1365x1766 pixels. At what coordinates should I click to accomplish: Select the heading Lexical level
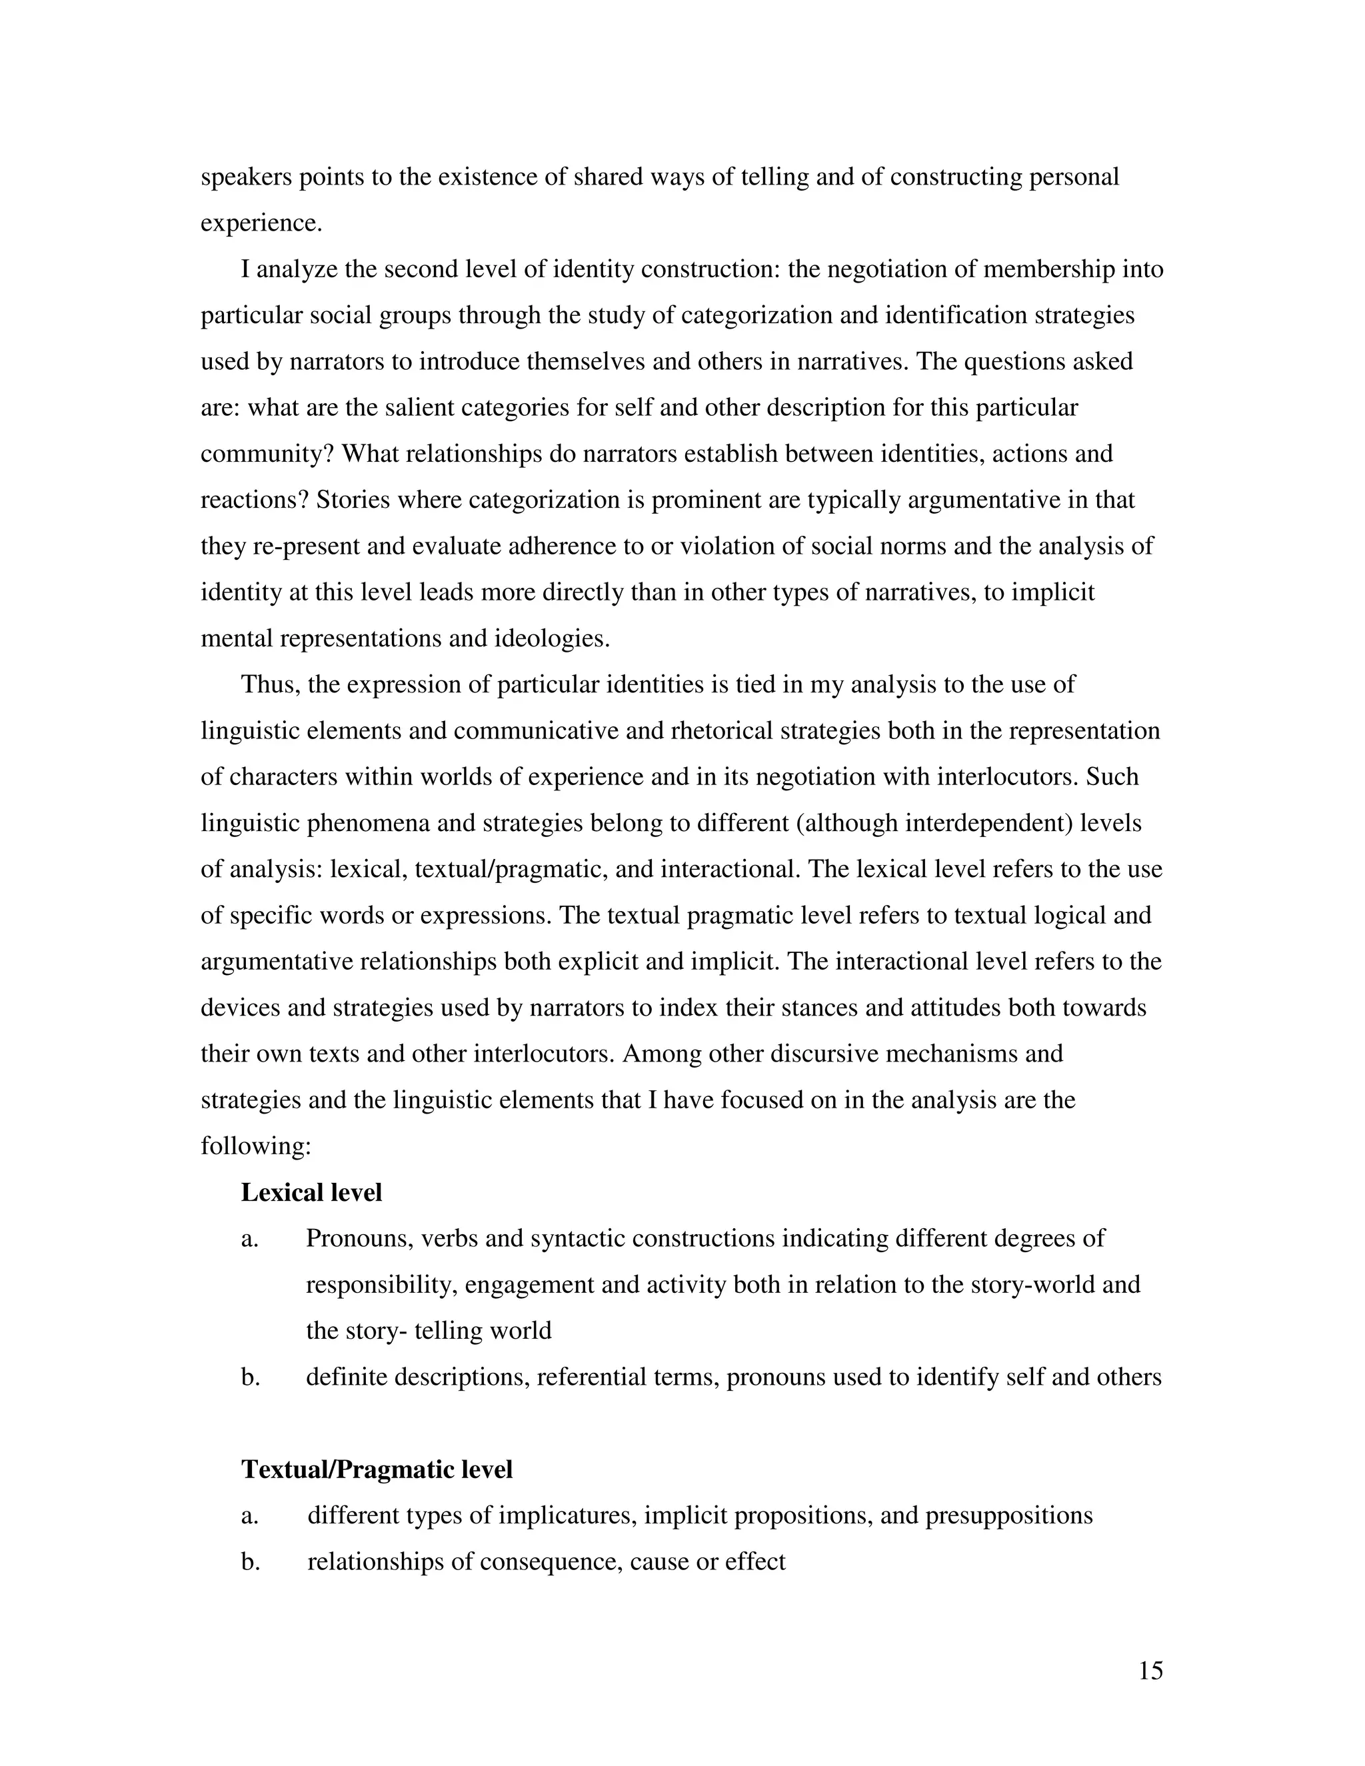pyautogui.click(x=311, y=1193)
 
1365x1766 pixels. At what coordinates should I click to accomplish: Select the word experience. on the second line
pyautogui.click(x=261, y=223)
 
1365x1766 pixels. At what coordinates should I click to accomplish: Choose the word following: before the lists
pyautogui.click(x=255, y=1147)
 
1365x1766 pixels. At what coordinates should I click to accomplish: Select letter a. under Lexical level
pyautogui.click(x=250, y=1239)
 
